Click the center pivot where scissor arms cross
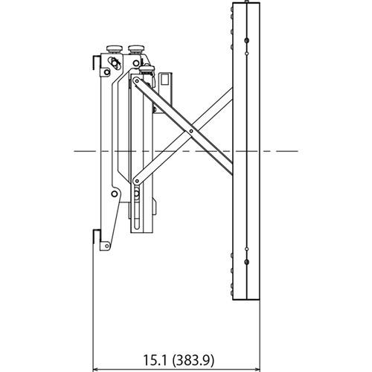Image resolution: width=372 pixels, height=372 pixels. (191, 131)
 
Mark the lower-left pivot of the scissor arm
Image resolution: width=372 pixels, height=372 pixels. (135, 180)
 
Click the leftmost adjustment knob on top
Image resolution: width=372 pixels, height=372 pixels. (114, 48)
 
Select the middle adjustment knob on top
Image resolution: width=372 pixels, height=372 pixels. (136, 48)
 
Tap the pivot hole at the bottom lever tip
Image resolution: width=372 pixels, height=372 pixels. (105, 245)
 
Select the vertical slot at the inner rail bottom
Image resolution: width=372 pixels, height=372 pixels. (138, 212)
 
